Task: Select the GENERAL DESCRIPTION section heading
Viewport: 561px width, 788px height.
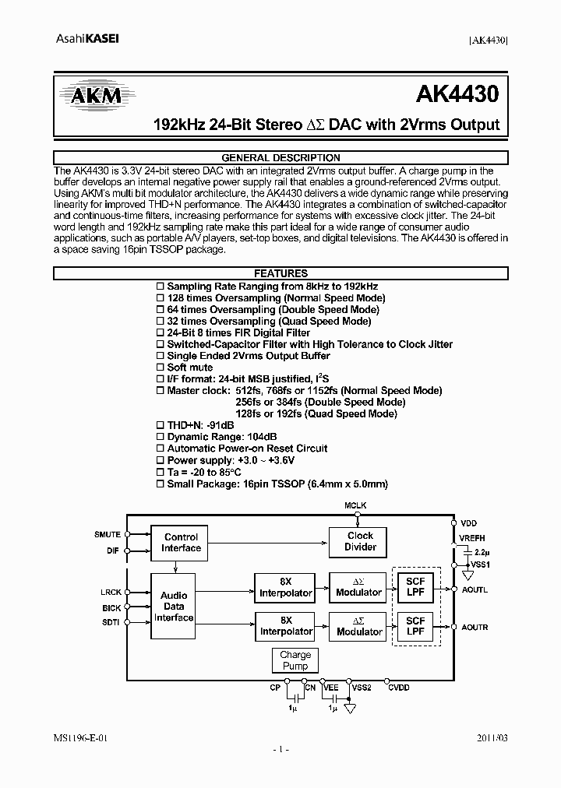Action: [280, 157]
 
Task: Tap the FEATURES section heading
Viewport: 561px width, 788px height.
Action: [280, 273]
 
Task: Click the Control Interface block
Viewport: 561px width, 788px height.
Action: [181, 542]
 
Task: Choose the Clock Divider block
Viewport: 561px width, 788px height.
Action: [360, 541]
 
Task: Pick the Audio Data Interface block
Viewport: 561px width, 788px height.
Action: [174, 606]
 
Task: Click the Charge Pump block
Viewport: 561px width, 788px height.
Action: [295, 660]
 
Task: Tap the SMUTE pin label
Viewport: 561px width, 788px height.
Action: [108, 535]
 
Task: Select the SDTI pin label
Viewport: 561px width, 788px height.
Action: [110, 623]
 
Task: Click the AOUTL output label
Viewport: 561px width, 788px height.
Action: [475, 589]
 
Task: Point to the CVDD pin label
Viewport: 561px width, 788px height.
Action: [398, 688]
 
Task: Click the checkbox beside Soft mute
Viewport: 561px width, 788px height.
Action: [161, 368]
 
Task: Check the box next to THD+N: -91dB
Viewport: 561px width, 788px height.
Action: [161, 425]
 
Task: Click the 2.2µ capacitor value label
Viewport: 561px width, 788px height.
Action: [481, 551]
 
